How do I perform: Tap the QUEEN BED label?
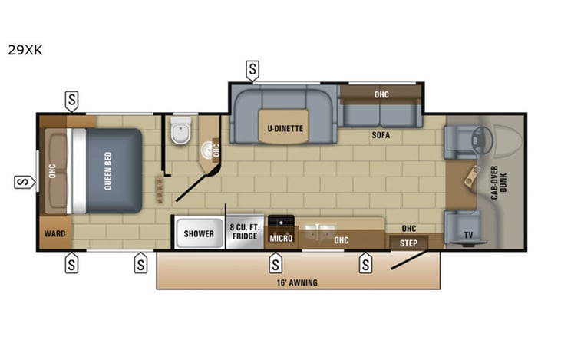click(108, 170)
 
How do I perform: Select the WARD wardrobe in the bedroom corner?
click(54, 233)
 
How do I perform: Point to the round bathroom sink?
click(207, 149)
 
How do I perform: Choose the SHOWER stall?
click(199, 233)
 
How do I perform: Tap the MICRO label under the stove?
click(280, 239)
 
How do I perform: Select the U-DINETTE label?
click(285, 128)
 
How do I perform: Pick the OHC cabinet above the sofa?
click(381, 94)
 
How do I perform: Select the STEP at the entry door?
click(408, 243)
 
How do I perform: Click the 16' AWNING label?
click(299, 282)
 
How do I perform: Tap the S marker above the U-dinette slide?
click(252, 70)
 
